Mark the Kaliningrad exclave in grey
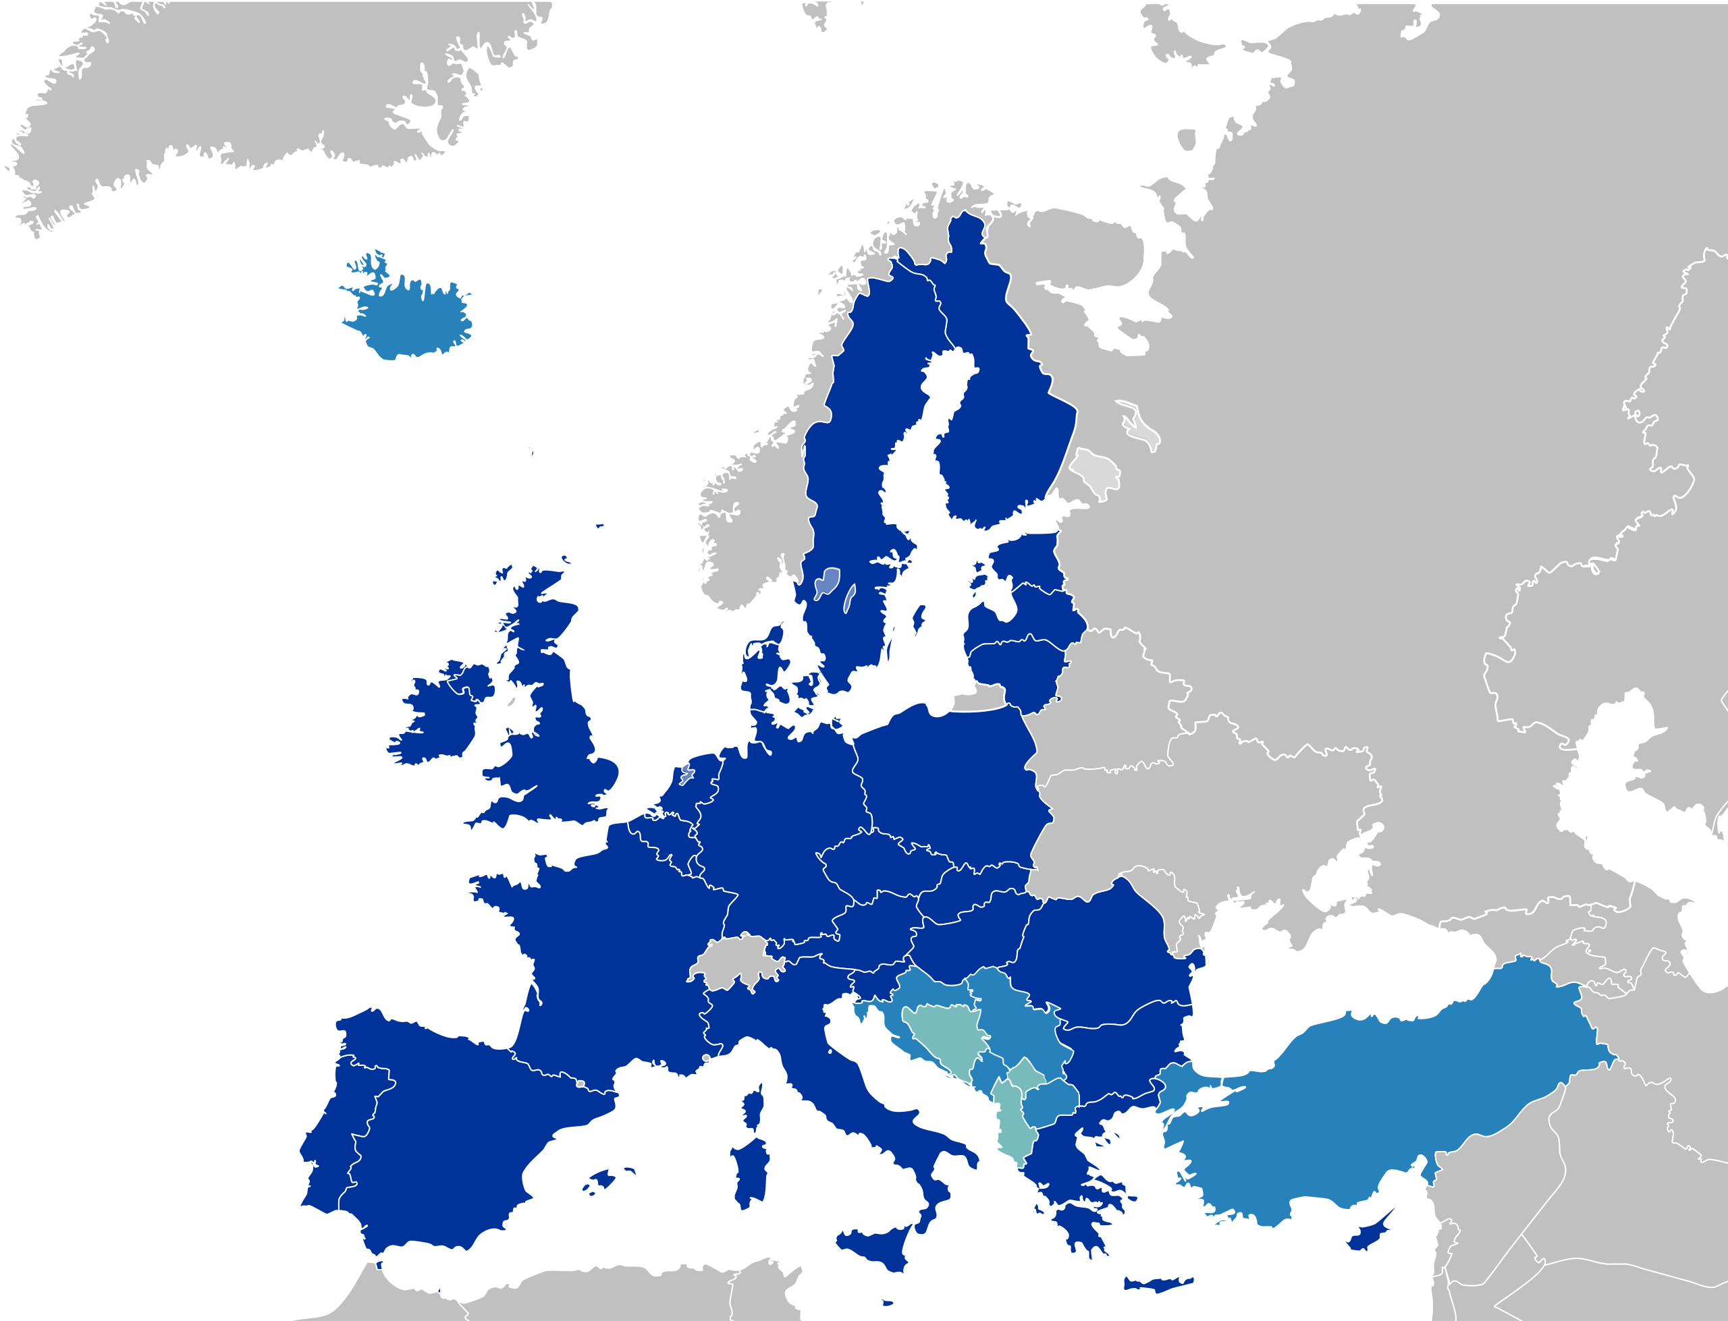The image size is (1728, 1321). pyautogui.click(x=979, y=700)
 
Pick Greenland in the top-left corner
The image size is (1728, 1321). pyautogui.click(x=236, y=79)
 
